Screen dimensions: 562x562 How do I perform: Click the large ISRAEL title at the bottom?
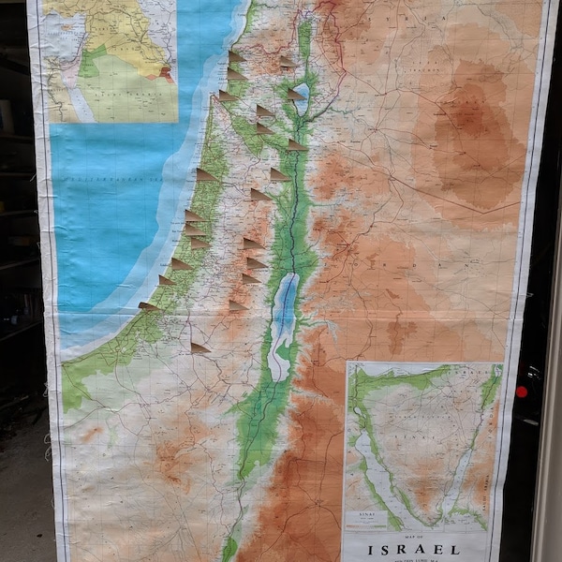coord(414,550)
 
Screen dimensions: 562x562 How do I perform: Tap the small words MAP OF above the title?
coord(413,535)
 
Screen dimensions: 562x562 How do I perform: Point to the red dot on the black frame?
coord(522,391)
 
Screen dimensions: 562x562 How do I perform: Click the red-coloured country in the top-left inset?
coord(167,73)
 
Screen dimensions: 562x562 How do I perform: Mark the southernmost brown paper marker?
coord(200,348)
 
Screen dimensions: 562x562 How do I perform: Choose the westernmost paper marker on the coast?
coord(148,305)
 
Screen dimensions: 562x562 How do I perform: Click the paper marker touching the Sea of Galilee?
coord(296,94)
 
